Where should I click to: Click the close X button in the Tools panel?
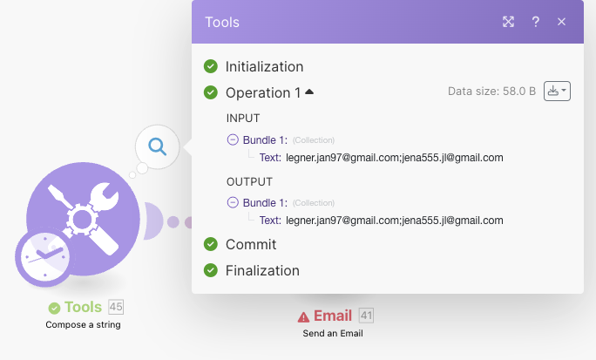(x=561, y=22)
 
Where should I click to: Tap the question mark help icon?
(x=535, y=22)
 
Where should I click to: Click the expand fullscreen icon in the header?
(x=509, y=22)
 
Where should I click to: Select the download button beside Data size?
(x=557, y=91)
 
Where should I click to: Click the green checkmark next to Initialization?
(x=210, y=66)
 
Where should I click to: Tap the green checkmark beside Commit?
(x=210, y=244)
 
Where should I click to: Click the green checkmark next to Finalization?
(x=210, y=270)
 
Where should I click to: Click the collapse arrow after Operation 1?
(x=309, y=92)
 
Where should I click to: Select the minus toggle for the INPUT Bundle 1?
(x=232, y=139)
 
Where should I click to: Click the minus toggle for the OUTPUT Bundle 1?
(x=232, y=202)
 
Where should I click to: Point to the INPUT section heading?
(x=243, y=118)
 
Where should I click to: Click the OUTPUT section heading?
(x=249, y=181)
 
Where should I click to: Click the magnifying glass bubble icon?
(x=157, y=146)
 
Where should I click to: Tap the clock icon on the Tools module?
(x=43, y=259)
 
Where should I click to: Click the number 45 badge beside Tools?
(x=116, y=307)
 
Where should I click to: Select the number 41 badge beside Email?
(x=366, y=316)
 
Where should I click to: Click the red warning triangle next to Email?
(x=303, y=316)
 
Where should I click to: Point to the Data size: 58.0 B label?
(x=491, y=91)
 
